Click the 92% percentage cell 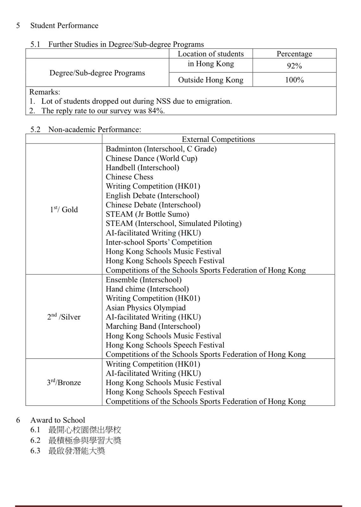click(x=294, y=66)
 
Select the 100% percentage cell click(x=294, y=80)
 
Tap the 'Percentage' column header click(x=294, y=54)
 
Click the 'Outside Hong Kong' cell click(x=211, y=80)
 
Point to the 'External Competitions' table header click(x=218, y=139)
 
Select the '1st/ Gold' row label click(x=64, y=209)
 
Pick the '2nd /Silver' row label click(x=64, y=317)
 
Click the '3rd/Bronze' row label click(x=64, y=382)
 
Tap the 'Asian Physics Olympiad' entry click(x=146, y=308)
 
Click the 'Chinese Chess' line click(x=129, y=177)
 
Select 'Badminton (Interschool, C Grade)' click(x=161, y=149)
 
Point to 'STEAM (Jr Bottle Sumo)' click(x=147, y=214)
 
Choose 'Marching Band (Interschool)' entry click(x=153, y=326)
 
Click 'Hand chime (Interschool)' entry click(x=147, y=289)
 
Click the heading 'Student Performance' click(x=64, y=26)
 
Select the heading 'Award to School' click(x=58, y=420)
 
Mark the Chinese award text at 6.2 click(x=85, y=440)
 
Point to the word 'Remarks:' click(x=45, y=92)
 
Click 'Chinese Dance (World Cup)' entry click(x=151, y=158)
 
